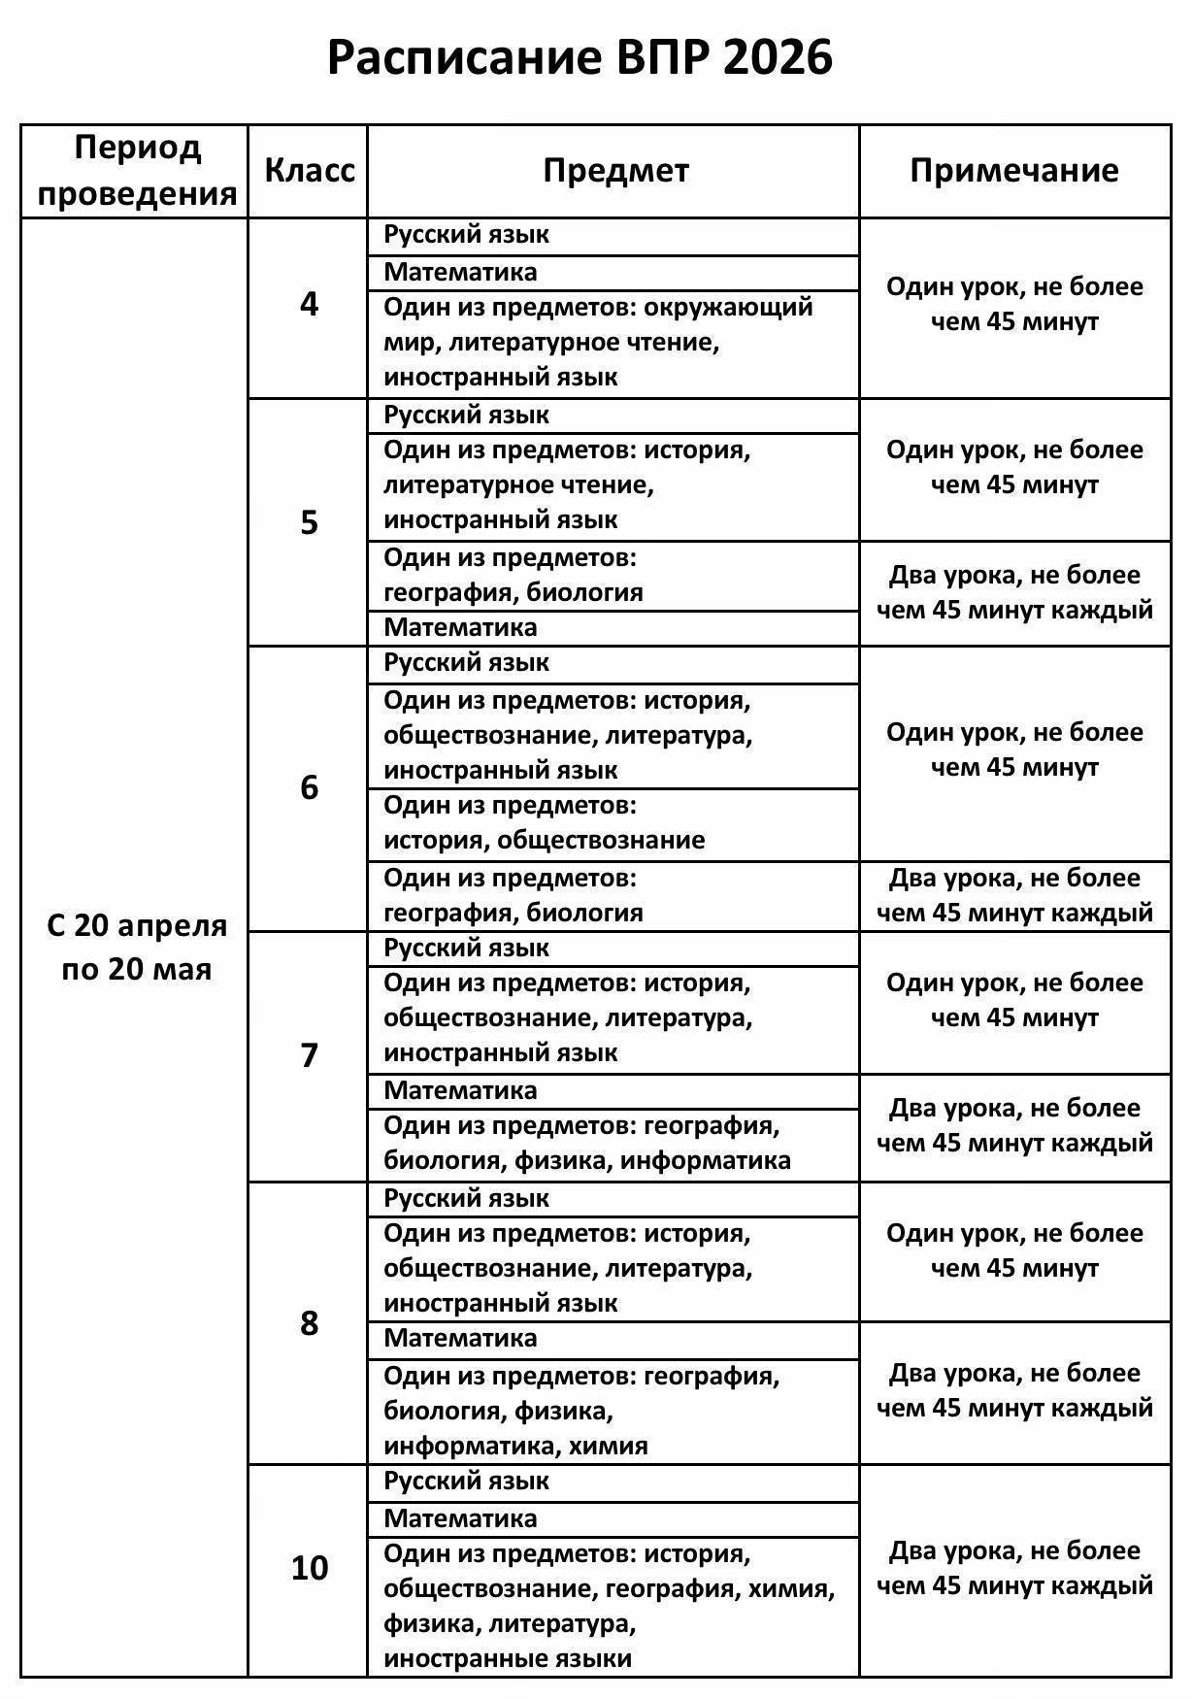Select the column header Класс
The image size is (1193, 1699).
[310, 171]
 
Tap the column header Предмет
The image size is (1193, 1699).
[615, 171]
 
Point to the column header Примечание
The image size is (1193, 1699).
[1014, 171]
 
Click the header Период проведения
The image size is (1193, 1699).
[137, 171]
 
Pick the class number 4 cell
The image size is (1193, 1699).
[309, 306]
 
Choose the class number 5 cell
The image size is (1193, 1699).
[309, 523]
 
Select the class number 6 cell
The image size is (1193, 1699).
[309, 787]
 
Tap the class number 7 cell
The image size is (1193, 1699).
[309, 1055]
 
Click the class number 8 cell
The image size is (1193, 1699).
[309, 1323]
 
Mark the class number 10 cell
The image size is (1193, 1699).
[310, 1569]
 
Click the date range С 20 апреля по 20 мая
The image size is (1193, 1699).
[137, 948]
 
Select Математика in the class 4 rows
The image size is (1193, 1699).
[460, 272]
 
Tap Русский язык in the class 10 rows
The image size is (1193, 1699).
[466, 1482]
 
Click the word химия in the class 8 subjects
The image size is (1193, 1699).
[608, 1446]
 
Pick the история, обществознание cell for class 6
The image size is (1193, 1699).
[544, 840]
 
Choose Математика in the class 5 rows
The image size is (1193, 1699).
[460, 627]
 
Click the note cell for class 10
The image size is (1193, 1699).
[1014, 1569]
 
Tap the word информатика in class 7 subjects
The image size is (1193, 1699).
[706, 1160]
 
